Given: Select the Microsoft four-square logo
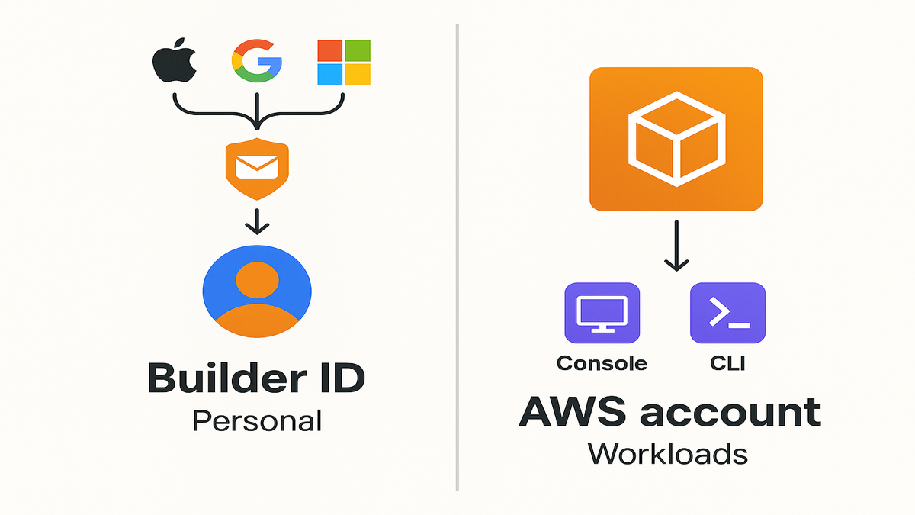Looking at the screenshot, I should pos(343,63).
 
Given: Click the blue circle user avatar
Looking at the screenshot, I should pos(257,292).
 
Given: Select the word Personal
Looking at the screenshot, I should pos(257,420).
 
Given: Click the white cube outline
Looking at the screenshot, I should pos(676,137).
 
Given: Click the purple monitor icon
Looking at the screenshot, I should pos(602,313).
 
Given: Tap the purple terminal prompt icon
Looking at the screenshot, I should pos(727,313).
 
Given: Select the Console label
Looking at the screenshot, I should pos(602,363).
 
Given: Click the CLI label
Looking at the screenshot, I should pos(727,363).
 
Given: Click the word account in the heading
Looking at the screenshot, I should pos(730,413).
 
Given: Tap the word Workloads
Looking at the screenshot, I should pos(667,454).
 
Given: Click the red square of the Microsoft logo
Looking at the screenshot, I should pos(329,50).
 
